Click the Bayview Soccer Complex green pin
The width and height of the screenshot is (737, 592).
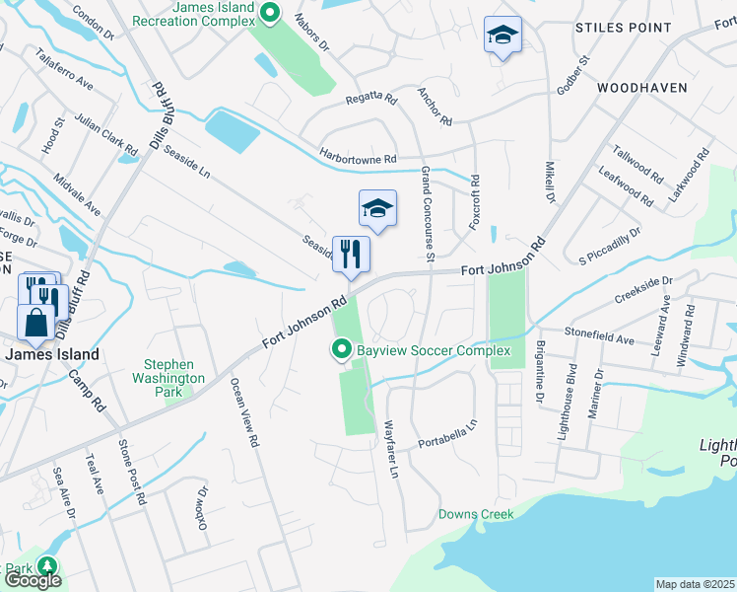point(342,350)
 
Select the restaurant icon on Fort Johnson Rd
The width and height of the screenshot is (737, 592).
point(351,255)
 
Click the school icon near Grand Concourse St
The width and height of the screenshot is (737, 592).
point(377,208)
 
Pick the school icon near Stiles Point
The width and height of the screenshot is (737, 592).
point(502,37)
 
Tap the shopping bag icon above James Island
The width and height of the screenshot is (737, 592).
point(35,323)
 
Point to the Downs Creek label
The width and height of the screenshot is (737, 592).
point(477,514)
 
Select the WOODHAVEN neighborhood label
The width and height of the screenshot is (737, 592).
point(641,88)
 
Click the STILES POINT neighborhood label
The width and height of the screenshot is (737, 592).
point(623,29)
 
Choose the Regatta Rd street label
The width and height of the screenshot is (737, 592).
point(370,100)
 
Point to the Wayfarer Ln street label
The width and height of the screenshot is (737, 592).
point(390,451)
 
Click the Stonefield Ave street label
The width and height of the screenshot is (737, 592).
point(600,337)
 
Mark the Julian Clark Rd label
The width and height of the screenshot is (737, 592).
point(106,136)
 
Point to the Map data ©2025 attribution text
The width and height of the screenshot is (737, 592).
point(696,584)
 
